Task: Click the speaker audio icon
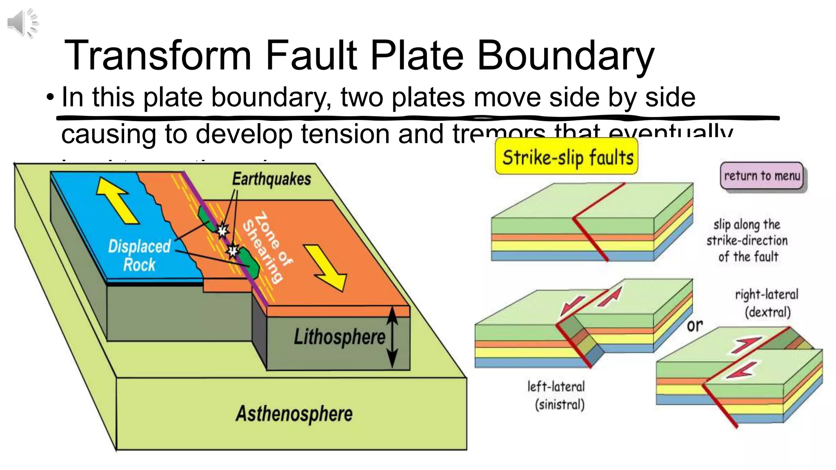pos(22,23)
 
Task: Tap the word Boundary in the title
pos(565,56)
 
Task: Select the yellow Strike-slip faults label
pos(567,157)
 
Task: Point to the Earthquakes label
pos(271,179)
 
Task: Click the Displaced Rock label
pos(139,255)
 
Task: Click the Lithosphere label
pos(339,337)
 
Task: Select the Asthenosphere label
pos(294,413)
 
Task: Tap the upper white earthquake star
pos(222,231)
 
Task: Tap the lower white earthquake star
pos(233,251)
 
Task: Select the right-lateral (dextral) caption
pos(767,303)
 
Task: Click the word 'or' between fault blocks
pos(695,326)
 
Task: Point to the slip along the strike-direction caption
pos(747,241)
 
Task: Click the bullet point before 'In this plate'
pos(50,98)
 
